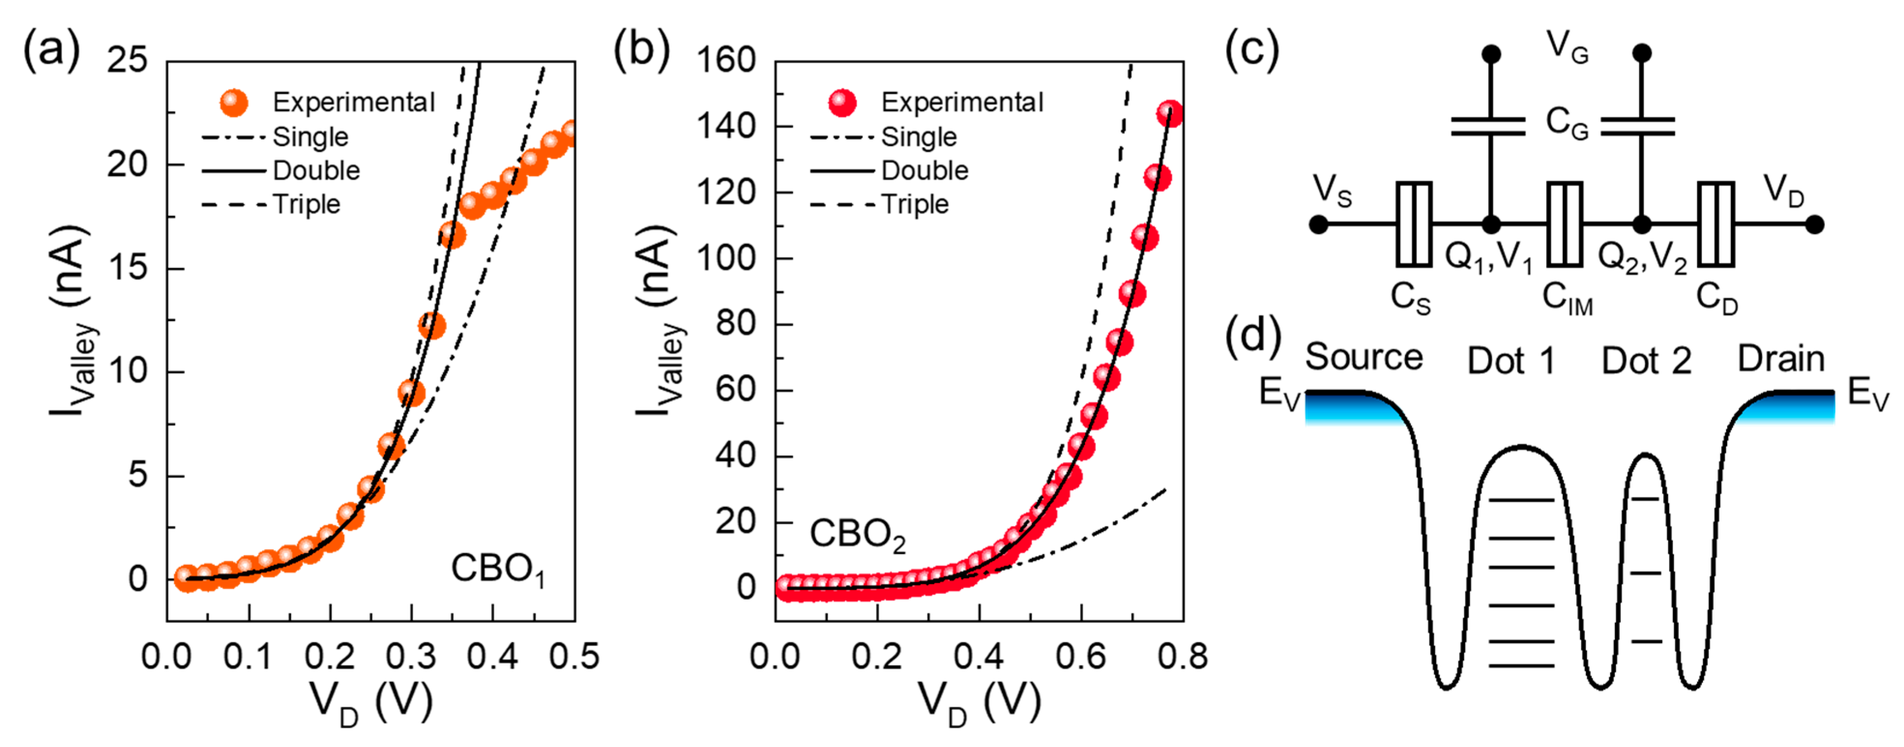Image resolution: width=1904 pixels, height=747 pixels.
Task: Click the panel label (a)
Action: (51, 51)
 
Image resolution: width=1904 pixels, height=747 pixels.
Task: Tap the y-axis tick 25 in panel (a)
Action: (127, 60)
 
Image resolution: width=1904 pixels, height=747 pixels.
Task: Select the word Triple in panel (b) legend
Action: (915, 204)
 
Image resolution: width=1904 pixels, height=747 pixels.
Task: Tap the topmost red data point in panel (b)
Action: (1169, 114)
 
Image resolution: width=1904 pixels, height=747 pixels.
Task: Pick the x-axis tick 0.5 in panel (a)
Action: (574, 657)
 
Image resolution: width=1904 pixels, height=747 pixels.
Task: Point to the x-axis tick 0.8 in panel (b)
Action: (1182, 657)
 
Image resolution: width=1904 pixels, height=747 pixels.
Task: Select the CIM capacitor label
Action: (1567, 299)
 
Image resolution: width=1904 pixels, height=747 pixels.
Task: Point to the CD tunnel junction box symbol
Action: (1715, 223)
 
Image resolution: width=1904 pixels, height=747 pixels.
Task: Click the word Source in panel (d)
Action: (1364, 358)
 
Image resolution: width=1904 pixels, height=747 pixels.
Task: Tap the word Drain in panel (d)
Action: (1781, 359)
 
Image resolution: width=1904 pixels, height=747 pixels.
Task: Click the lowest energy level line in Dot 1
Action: (1521, 666)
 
